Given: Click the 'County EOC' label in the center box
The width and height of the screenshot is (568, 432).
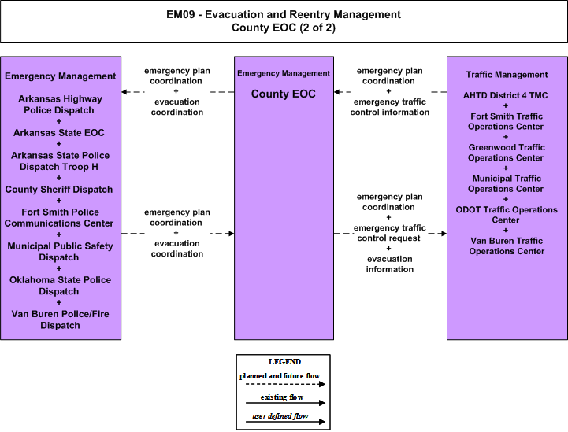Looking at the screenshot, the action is click(x=284, y=94).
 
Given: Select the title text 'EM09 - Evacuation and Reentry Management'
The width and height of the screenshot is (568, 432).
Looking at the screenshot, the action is click(x=284, y=14).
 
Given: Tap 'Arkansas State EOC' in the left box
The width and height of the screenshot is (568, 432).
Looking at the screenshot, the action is click(x=58, y=133).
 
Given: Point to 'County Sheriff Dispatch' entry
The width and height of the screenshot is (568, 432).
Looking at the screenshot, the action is click(x=58, y=189).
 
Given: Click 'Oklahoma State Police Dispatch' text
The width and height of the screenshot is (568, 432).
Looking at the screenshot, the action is click(x=60, y=286).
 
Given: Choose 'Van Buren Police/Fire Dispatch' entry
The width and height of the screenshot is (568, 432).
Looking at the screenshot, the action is click(x=60, y=319).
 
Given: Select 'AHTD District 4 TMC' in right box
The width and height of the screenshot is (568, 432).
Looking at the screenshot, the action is click(x=505, y=95).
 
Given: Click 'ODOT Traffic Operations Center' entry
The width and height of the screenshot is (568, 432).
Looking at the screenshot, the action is click(x=507, y=215).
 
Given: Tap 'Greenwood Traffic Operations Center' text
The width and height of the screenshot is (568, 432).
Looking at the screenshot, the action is click(x=507, y=153).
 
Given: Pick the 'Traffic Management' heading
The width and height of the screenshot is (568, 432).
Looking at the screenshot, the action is click(x=507, y=75).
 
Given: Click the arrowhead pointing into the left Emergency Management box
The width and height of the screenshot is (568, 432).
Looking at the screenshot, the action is click(x=124, y=92).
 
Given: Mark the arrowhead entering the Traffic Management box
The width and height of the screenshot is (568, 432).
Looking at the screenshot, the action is click(x=444, y=234).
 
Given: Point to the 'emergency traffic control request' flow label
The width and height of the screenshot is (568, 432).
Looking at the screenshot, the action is click(x=389, y=233).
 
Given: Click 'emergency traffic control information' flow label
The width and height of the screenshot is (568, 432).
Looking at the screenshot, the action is click(x=389, y=107).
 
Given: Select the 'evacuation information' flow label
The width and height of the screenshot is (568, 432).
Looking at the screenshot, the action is click(x=389, y=264).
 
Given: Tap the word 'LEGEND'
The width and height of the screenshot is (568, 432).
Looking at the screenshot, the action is click(x=284, y=362).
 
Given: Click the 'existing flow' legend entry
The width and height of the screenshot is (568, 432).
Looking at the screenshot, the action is click(x=282, y=397).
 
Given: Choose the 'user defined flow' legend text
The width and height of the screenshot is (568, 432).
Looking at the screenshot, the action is click(x=280, y=416).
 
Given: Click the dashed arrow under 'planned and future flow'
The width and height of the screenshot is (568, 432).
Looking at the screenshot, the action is click(x=285, y=384).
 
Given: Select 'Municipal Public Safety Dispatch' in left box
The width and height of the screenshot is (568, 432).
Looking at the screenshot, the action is click(x=60, y=252).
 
